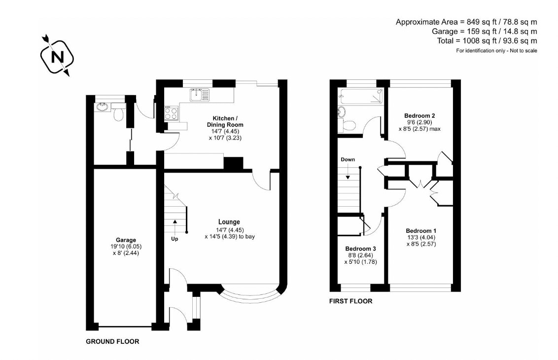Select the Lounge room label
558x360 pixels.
click(229, 222)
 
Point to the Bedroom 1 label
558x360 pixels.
click(420, 231)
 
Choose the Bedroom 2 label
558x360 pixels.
click(419, 115)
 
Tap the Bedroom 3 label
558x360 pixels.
click(360, 249)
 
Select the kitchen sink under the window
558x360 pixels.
click(197, 93)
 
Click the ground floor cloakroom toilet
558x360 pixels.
click(118, 113)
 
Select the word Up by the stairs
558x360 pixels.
click(174, 239)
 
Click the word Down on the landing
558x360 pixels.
click(348, 159)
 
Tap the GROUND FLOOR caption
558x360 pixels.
click(112, 341)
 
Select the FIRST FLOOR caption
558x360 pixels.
click(350, 301)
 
